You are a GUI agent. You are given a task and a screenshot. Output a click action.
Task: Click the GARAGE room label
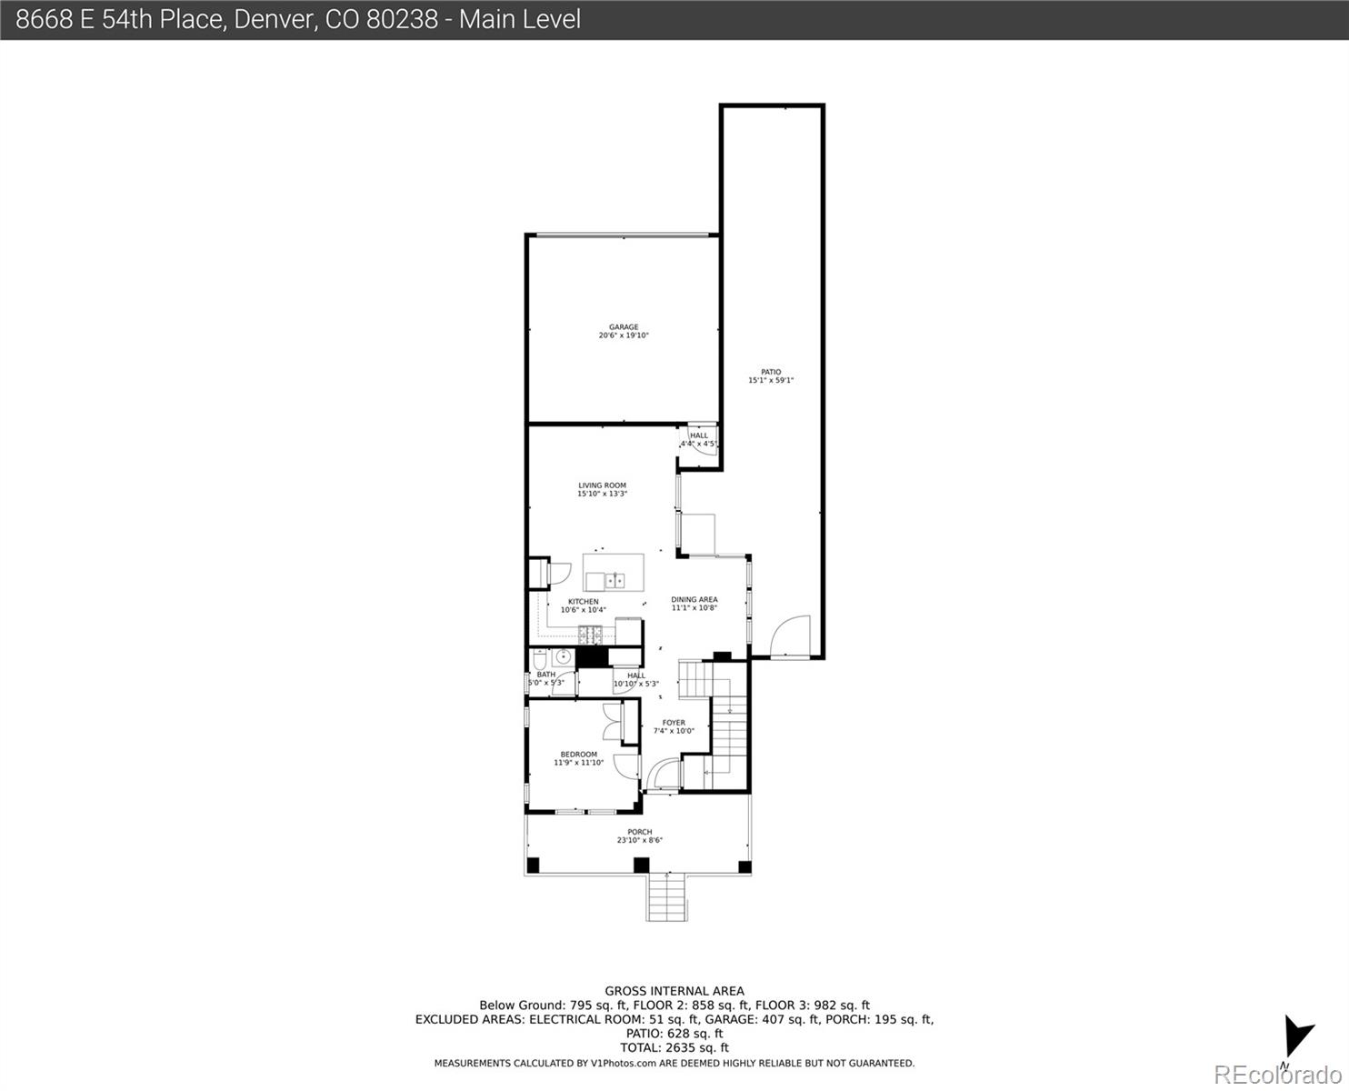point(624,327)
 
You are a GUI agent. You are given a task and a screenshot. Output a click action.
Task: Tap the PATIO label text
point(770,372)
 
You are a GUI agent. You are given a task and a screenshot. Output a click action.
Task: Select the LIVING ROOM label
point(602,485)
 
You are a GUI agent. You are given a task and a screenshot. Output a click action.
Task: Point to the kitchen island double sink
point(615,579)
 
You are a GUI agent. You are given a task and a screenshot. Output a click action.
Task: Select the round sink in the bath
point(563,656)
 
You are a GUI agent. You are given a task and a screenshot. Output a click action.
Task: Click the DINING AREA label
point(694,600)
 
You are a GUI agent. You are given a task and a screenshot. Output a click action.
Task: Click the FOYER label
point(674,723)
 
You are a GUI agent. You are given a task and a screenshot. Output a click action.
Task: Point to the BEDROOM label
point(578,755)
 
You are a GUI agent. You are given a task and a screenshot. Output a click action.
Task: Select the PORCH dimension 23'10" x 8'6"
point(639,840)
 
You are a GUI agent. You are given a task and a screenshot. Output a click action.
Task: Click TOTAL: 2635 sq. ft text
point(674,1047)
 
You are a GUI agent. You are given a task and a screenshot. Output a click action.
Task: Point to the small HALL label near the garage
point(698,435)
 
